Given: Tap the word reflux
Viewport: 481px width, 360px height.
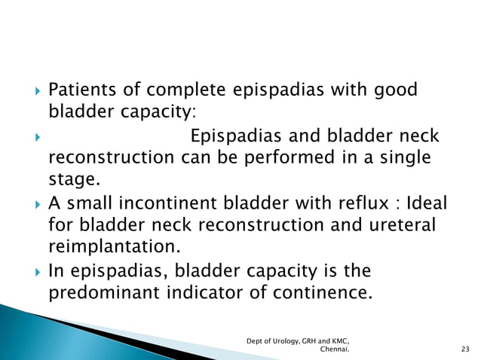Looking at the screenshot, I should coord(363,203).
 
